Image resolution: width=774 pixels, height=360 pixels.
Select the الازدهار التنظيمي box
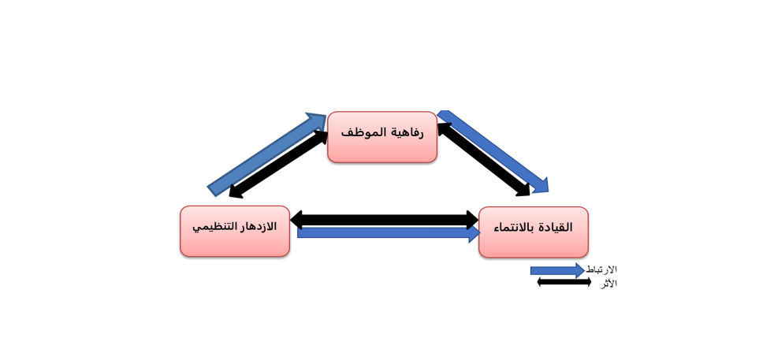pos(234,241)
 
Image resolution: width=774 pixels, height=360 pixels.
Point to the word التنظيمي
pos(214,227)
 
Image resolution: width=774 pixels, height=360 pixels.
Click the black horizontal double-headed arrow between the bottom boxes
pos(384,220)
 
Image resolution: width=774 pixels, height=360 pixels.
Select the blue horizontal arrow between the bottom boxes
pos(384,233)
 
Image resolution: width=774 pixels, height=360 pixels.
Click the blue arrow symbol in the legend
pos(556,270)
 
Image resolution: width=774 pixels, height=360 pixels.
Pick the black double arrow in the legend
pos(564,282)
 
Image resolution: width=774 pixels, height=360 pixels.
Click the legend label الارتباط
pos(601,269)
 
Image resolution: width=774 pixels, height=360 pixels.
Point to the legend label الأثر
pos(608,284)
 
